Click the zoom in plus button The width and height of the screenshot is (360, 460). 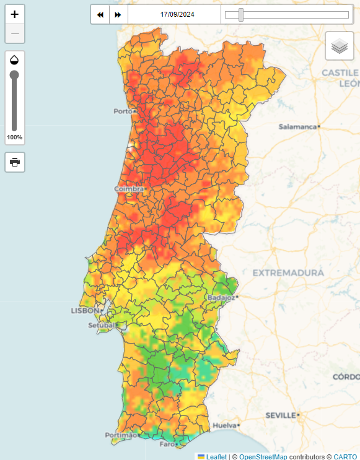(x=15, y=14)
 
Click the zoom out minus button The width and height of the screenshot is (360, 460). (x=15, y=33)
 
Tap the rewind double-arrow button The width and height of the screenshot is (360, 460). (x=100, y=14)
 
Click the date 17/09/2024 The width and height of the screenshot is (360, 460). (x=177, y=14)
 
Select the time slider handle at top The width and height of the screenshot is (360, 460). (x=241, y=15)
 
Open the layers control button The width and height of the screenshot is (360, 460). (x=339, y=46)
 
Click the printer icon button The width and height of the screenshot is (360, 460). (x=15, y=162)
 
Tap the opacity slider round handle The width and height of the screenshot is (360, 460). (x=14, y=75)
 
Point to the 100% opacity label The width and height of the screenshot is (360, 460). (x=15, y=137)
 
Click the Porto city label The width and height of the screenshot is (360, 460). (x=123, y=111)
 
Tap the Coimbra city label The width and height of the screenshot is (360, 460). (x=128, y=189)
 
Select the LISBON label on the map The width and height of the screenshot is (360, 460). (x=84, y=310)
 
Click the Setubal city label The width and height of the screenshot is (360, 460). (x=101, y=325)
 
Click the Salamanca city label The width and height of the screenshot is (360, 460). (x=297, y=126)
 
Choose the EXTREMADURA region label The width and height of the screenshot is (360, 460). (x=288, y=272)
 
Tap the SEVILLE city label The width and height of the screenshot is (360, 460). (x=281, y=415)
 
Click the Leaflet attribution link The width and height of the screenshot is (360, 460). (x=216, y=456)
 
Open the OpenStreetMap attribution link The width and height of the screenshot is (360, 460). (x=263, y=456)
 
